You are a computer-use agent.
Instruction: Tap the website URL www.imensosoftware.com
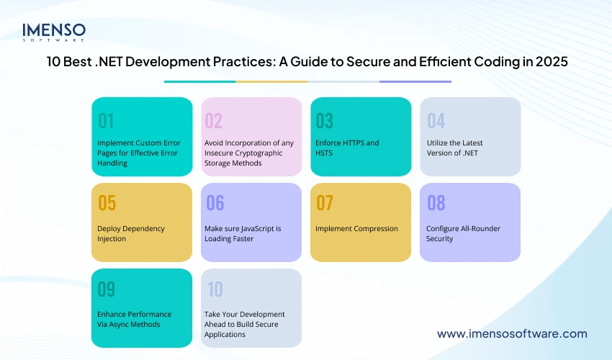(512, 333)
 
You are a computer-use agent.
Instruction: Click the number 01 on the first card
(107, 120)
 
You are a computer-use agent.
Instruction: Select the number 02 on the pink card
(214, 120)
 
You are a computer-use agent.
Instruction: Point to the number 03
(325, 120)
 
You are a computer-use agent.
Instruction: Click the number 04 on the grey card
(436, 120)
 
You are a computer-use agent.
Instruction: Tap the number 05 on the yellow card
(107, 203)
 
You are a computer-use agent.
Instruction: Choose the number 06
(215, 203)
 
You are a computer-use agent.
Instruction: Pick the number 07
(325, 203)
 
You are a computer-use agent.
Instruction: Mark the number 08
(436, 203)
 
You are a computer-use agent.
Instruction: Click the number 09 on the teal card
(107, 289)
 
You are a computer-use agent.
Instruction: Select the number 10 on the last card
(215, 289)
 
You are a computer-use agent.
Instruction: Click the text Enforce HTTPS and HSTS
(346, 148)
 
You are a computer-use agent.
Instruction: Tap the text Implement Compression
(356, 228)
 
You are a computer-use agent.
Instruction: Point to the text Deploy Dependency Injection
(130, 233)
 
